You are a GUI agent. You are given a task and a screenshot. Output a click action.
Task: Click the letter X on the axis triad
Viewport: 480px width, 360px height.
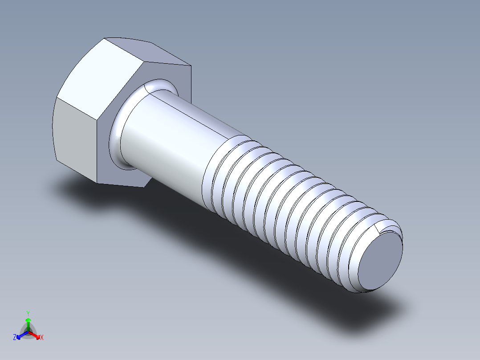(42, 337)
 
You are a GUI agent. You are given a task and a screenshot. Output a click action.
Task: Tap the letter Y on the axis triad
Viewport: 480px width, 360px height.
(28, 313)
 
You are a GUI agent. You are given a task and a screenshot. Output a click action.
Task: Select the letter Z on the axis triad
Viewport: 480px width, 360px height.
(15, 337)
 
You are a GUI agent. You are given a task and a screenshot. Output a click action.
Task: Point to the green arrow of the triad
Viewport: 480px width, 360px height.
(28, 323)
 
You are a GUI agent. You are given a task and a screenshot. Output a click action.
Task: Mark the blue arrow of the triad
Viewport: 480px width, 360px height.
(20, 335)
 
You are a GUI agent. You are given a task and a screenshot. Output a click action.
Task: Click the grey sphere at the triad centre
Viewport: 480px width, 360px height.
(28, 332)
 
